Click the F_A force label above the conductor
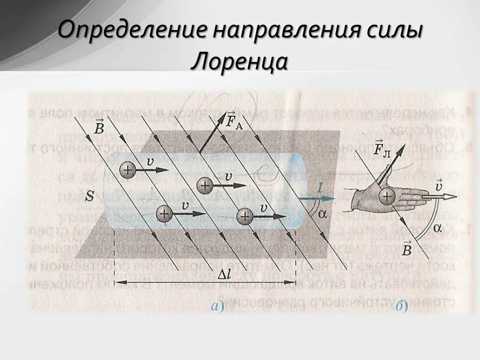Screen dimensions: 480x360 pos(234,120)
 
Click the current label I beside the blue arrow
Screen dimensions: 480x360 pos(319,188)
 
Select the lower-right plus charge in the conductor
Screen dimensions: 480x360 pos(245,216)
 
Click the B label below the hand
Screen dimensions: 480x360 pos(406,249)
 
